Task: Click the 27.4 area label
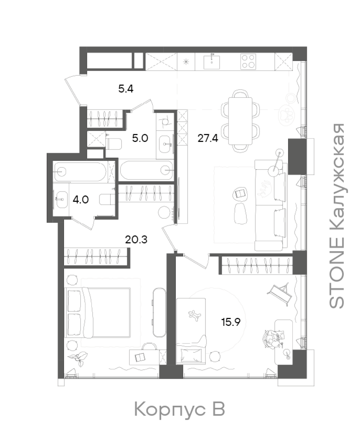point(208,138)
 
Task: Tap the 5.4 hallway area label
point(126,89)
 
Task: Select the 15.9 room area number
point(231,322)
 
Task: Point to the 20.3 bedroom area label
point(136,240)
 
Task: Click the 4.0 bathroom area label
point(81,200)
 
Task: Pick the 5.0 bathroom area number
point(140,138)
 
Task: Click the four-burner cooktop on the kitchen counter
point(248,62)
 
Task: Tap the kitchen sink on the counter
point(211,62)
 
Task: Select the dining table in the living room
point(240,121)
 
